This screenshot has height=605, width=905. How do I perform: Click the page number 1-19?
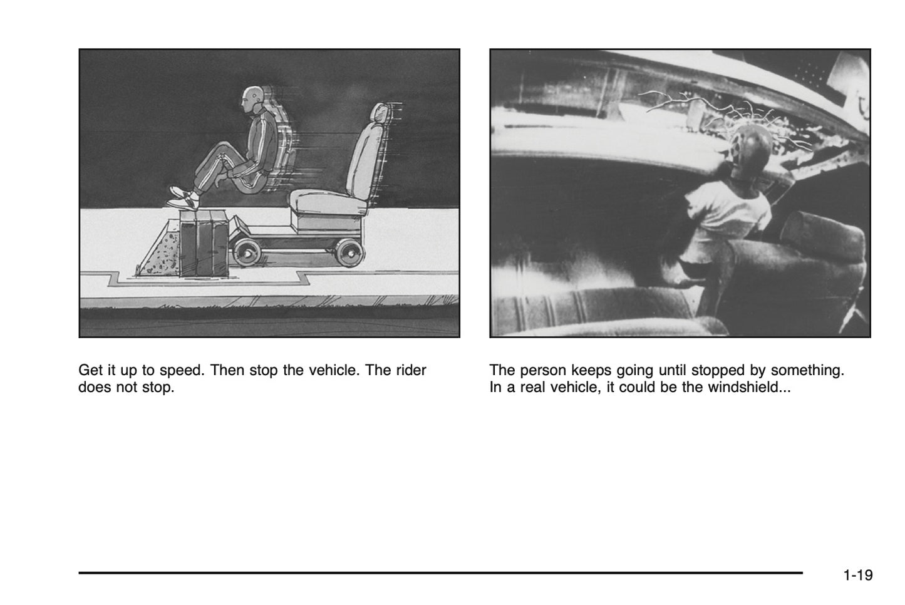click(x=858, y=575)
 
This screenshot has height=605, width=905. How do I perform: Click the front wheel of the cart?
click(x=246, y=252)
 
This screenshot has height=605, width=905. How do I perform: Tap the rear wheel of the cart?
click(x=349, y=252)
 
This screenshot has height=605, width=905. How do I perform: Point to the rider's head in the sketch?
click(x=252, y=99)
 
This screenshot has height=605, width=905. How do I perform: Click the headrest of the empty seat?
click(x=380, y=113)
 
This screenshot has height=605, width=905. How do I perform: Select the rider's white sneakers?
click(x=184, y=199)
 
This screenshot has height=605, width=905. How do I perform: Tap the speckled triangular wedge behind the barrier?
click(x=159, y=252)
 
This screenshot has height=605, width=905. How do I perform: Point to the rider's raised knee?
click(x=222, y=148)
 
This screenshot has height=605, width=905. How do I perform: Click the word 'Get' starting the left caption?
click(x=90, y=370)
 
